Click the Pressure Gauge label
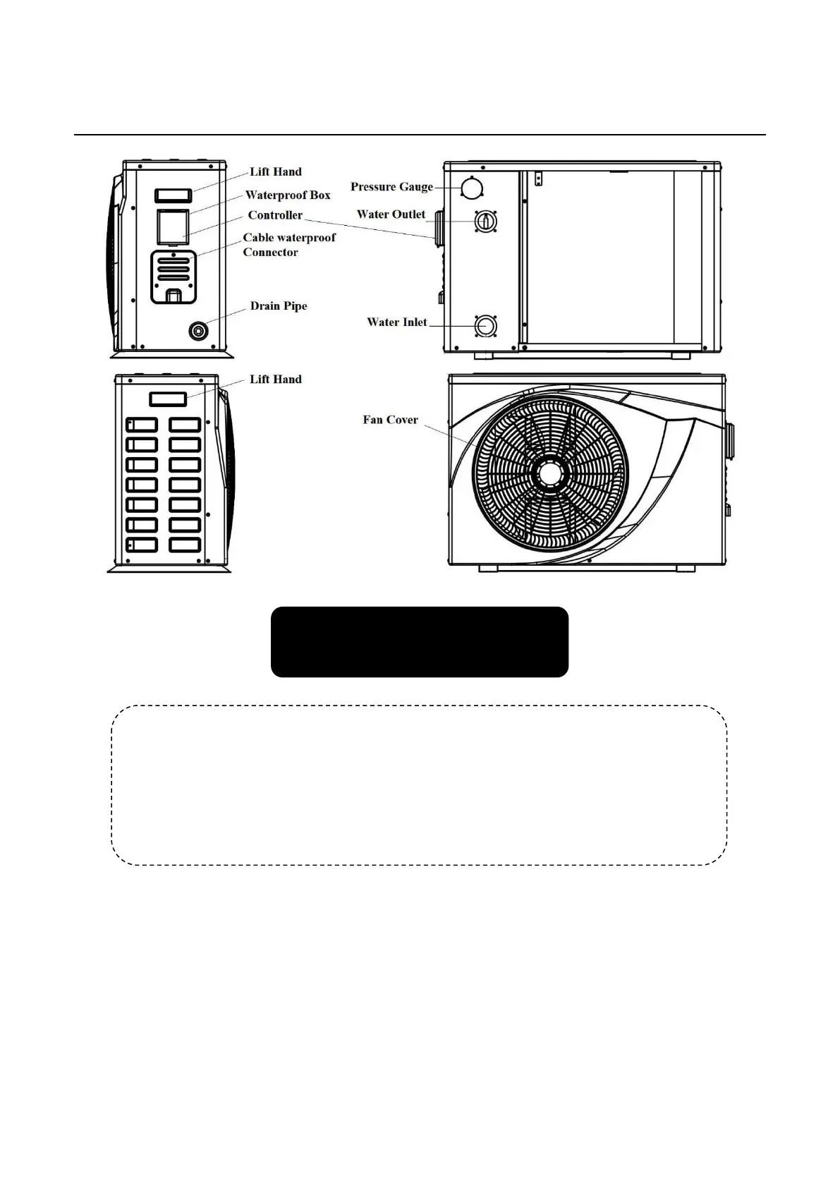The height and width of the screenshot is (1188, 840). click(391, 187)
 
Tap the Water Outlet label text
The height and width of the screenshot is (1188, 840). click(391, 214)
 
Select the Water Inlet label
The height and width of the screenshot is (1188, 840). click(396, 322)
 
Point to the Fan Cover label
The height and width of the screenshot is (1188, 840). click(390, 420)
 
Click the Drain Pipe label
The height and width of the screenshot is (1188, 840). click(279, 306)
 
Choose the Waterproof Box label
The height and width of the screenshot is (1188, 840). click(288, 195)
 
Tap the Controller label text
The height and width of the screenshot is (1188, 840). click(275, 215)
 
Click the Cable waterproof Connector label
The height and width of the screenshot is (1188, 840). click(289, 245)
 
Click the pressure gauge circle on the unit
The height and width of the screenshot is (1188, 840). click(470, 187)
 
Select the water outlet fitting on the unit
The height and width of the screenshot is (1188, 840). click(485, 221)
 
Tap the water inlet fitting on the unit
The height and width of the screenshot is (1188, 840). click(485, 325)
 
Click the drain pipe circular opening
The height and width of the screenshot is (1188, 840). click(200, 330)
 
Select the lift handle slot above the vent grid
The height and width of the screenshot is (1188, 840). click(168, 400)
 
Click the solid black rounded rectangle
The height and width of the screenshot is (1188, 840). click(420, 642)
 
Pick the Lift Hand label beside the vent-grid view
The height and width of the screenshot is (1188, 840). click(276, 380)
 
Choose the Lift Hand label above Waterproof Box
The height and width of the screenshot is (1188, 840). click(276, 172)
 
